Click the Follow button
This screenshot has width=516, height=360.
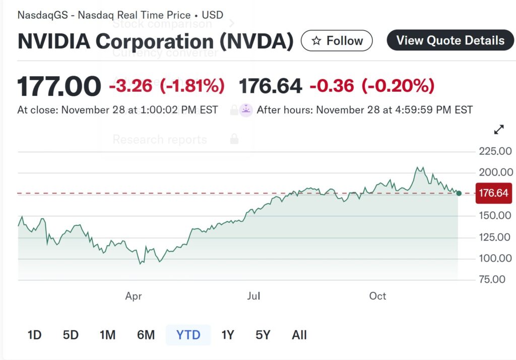pyautogui.click(x=337, y=41)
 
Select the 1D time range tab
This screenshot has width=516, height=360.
pyautogui.click(x=34, y=335)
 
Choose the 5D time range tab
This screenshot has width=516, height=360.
pyautogui.click(x=71, y=335)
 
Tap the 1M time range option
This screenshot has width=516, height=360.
pyautogui.click(x=107, y=335)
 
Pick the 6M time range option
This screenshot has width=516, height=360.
pyautogui.click(x=146, y=335)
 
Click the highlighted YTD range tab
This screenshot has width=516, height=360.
pyautogui.click(x=188, y=335)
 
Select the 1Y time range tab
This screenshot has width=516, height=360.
pyautogui.click(x=228, y=335)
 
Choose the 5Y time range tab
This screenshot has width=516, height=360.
pyautogui.click(x=263, y=335)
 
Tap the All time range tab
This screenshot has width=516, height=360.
pyautogui.click(x=299, y=335)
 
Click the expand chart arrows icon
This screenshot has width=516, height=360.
pyautogui.click(x=499, y=130)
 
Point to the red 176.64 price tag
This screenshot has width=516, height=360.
pyautogui.click(x=493, y=193)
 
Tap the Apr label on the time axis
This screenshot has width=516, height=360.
pyautogui.click(x=134, y=296)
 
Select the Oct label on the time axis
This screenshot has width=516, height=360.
pyautogui.click(x=377, y=296)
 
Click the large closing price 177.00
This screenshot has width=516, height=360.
pyautogui.click(x=59, y=86)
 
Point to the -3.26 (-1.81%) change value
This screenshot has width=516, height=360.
pyautogui.click(x=167, y=86)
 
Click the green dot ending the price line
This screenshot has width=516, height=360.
pyautogui.click(x=459, y=193)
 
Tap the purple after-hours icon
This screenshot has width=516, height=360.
pyautogui.click(x=246, y=110)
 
